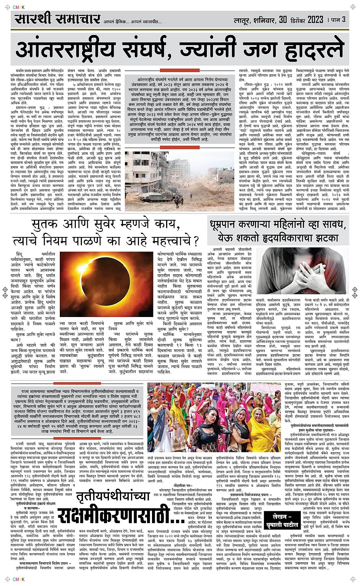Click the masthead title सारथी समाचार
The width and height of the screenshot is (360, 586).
(58, 19)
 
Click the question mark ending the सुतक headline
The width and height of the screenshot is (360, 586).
(195, 242)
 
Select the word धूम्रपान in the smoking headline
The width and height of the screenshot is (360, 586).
(229, 225)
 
